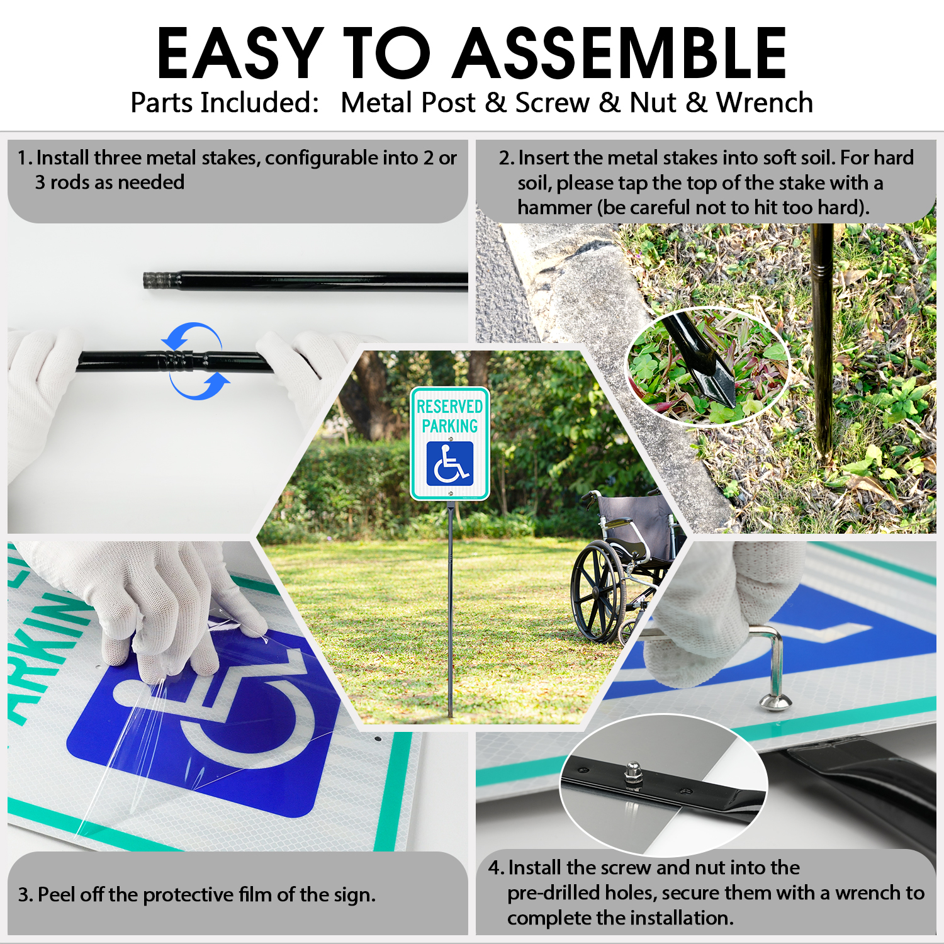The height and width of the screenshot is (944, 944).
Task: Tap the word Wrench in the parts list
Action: pyautogui.click(x=765, y=103)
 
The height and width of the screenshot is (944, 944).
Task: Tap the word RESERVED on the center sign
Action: pyautogui.click(x=449, y=407)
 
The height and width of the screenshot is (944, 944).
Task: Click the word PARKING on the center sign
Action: pyautogui.click(x=449, y=426)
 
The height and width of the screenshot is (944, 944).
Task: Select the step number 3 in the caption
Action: pyautogui.click(x=23, y=895)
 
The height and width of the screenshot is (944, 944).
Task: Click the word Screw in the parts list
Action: pyautogui.click(x=552, y=103)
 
